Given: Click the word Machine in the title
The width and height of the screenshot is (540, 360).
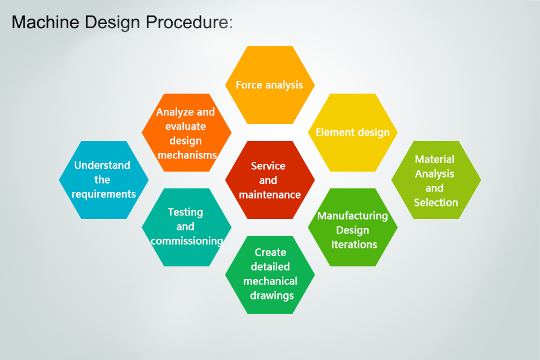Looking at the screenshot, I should coord(43,23).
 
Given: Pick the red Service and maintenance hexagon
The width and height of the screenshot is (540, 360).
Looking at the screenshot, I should coord(269,180).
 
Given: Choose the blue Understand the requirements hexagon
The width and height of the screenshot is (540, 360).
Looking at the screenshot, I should coord(103,180).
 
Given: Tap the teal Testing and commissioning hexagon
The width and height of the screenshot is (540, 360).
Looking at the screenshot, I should coord(186,227).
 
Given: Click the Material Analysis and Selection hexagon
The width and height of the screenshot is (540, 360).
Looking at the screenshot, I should coord(436,180).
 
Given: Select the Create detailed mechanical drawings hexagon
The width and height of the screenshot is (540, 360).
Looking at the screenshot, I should coord(269,274).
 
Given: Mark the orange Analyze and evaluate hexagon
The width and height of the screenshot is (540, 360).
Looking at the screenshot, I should coord(186,133).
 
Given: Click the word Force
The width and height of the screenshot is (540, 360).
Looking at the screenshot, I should coord(249,85).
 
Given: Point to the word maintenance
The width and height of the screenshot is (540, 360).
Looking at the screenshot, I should coord(269,195).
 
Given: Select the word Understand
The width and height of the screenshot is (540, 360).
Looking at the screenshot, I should coord(102,166).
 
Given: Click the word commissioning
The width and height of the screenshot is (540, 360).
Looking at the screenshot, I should coord(187,241).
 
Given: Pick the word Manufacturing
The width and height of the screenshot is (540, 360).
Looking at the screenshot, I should coord(353,215).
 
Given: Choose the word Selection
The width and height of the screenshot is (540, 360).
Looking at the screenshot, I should coord(436,203).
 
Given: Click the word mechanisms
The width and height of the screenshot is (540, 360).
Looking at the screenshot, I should coord(187,155).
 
